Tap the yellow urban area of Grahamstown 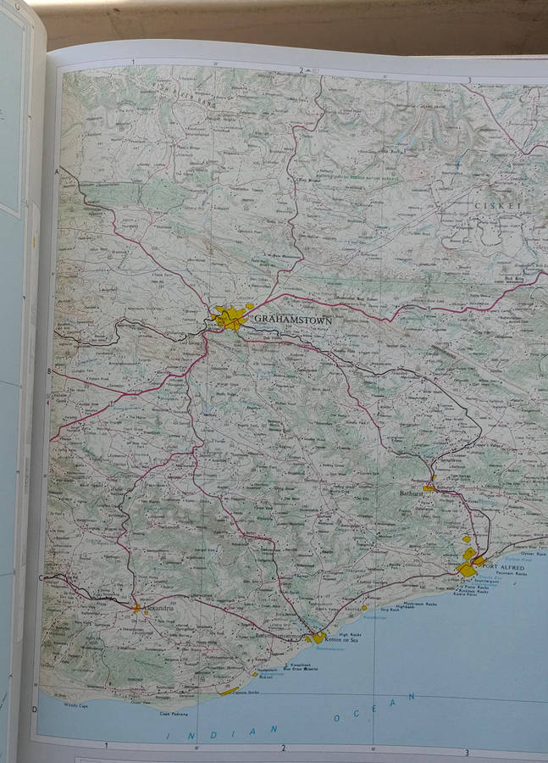click(x=229, y=318)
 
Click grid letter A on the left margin click(x=58, y=172)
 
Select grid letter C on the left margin click(x=41, y=578)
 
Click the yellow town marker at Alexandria click(x=136, y=607)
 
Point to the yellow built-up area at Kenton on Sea click(x=317, y=638)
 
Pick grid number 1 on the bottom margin click(x=106, y=746)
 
